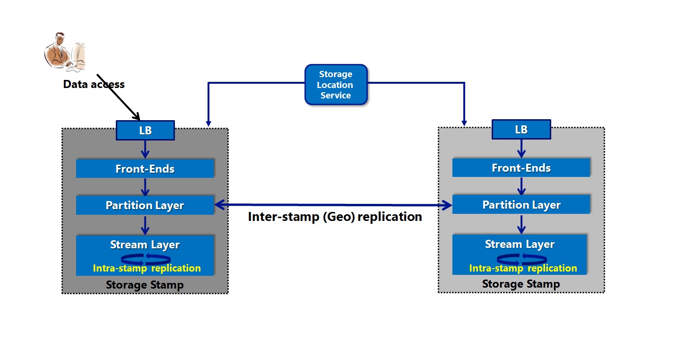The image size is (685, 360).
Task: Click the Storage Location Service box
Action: (336, 85)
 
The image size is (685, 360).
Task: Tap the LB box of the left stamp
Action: (145, 130)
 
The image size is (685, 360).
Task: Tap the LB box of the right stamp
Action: (521, 129)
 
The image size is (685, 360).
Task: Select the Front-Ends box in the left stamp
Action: (145, 169)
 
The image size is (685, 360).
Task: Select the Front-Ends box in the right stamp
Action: (521, 167)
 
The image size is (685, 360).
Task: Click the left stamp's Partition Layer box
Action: (145, 205)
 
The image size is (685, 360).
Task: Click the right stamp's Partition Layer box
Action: (521, 205)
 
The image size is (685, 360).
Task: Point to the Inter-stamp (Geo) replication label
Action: (335, 217)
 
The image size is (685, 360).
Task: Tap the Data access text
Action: (94, 85)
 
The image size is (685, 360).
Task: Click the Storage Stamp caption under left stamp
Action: (145, 285)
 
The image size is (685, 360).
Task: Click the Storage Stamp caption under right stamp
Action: (521, 284)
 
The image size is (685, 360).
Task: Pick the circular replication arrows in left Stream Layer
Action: (146, 258)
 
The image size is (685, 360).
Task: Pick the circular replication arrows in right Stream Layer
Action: (522, 258)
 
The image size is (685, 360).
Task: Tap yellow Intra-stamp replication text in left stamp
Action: (147, 268)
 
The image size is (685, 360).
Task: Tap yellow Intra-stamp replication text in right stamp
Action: (523, 268)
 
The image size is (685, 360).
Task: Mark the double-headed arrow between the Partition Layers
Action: (333, 205)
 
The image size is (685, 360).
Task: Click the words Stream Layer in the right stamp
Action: (520, 244)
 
